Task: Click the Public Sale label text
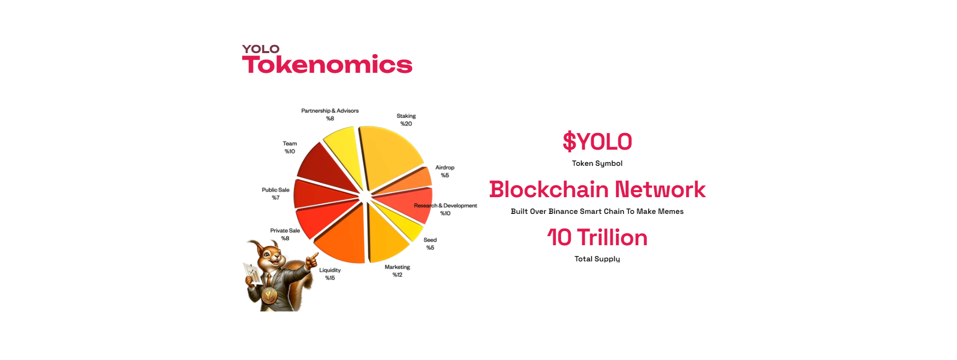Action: coord(276,190)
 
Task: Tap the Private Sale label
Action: coord(285,231)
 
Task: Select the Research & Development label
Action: coord(445,206)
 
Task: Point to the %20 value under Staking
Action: coord(406,124)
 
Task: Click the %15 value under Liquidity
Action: coord(330,278)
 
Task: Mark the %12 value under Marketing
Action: coord(398,275)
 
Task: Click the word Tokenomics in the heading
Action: coord(327,65)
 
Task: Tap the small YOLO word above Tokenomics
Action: coord(260,49)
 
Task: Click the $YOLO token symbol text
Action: coord(597,142)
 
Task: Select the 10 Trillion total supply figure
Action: coord(597,238)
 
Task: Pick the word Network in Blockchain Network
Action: coord(660,190)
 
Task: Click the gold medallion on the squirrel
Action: coord(269,295)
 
